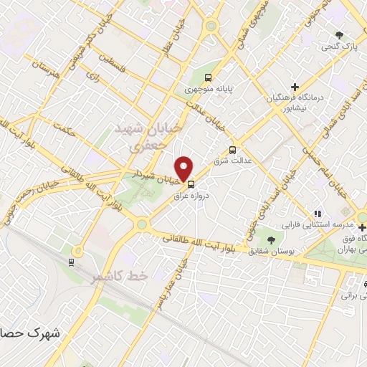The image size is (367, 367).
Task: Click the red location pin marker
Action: (185, 168)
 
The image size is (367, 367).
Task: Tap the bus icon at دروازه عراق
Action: (190, 183)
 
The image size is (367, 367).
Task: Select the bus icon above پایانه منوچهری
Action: (208, 78)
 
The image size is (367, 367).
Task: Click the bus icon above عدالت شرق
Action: (232, 150)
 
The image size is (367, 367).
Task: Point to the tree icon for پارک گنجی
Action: (340, 34)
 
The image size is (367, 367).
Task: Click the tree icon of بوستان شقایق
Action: (271, 239)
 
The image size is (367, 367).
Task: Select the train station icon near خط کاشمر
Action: (71, 262)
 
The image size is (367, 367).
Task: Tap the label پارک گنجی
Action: (343, 46)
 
